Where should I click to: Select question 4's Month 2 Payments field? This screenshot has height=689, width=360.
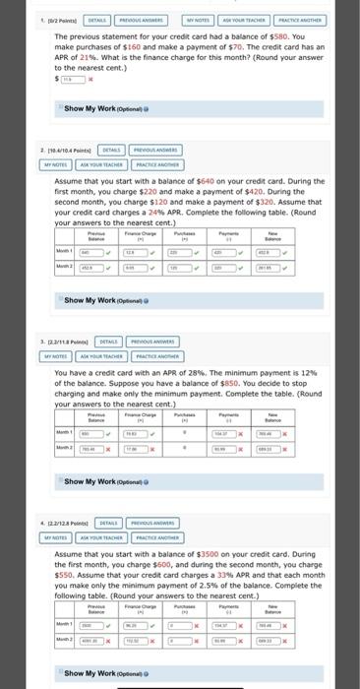tap(228, 639)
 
